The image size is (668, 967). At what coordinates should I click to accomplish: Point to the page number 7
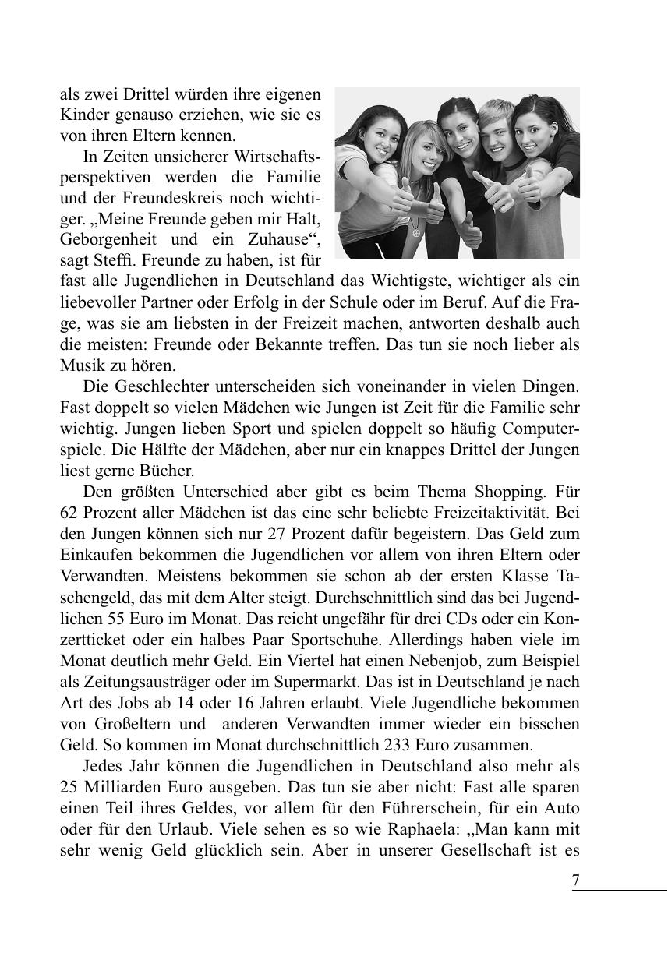tap(576, 880)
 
